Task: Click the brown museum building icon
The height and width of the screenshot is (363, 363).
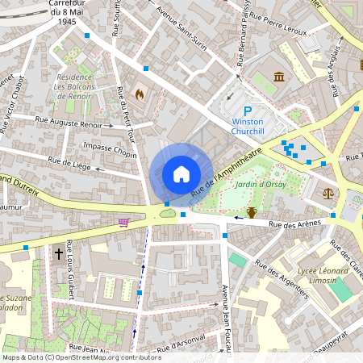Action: tap(279, 77)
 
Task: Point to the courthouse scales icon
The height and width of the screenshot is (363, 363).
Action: tap(328, 194)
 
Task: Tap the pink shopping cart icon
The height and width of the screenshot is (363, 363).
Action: tap(123, 222)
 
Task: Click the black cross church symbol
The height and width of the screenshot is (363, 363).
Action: tap(58, 253)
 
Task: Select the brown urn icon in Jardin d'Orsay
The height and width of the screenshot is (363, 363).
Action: tap(252, 212)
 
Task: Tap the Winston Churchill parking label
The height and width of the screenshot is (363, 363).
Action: tap(248, 129)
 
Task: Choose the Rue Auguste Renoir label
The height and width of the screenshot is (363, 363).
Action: tap(69, 124)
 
